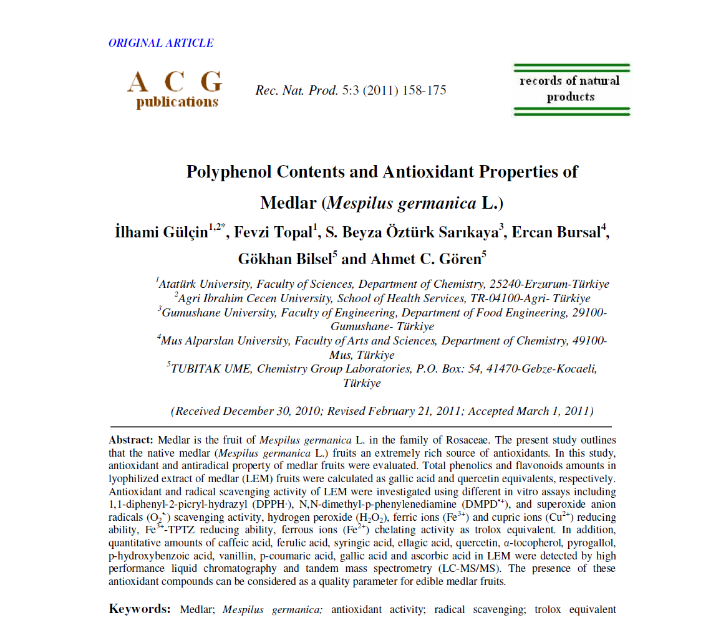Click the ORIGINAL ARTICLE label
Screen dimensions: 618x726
click(161, 43)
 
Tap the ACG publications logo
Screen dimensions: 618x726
click(175, 89)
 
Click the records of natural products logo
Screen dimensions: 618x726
click(570, 89)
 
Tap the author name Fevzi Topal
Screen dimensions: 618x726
click(276, 233)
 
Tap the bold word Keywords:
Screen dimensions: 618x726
click(140, 609)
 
